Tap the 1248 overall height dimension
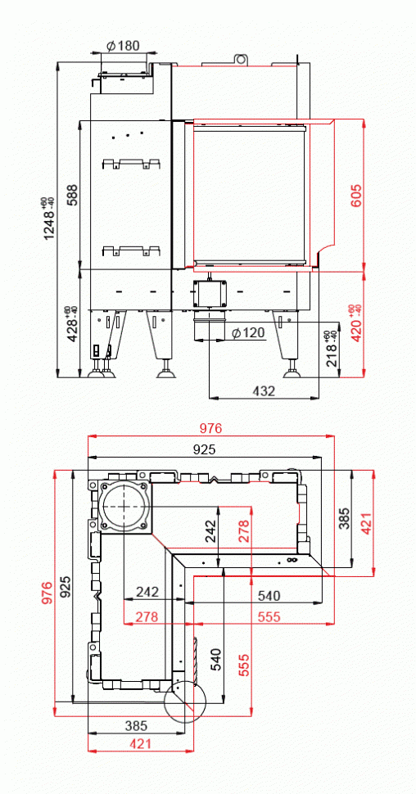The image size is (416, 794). pos(52,218)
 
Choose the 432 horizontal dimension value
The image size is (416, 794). pos(262,391)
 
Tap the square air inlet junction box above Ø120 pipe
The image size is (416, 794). pos(212,293)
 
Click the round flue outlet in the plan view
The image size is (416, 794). pos(124,507)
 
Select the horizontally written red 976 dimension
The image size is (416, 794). pos(210,428)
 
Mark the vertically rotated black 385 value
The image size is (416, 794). pos(344,517)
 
